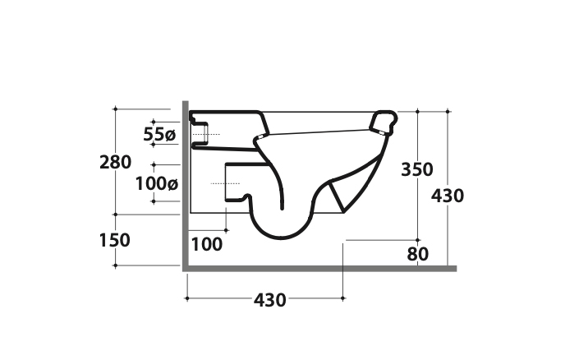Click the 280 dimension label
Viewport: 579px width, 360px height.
[115, 162]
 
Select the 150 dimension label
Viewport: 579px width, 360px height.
[115, 240]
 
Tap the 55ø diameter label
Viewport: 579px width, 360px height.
[159, 134]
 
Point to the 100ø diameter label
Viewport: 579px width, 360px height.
[157, 183]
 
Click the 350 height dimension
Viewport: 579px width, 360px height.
[417, 169]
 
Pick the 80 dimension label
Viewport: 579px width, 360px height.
[418, 254]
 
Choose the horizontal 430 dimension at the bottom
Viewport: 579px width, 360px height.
[270, 300]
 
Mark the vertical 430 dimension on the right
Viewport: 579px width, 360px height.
[448, 196]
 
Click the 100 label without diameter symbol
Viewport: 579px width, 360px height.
[207, 244]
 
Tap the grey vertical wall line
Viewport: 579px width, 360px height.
[186, 186]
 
